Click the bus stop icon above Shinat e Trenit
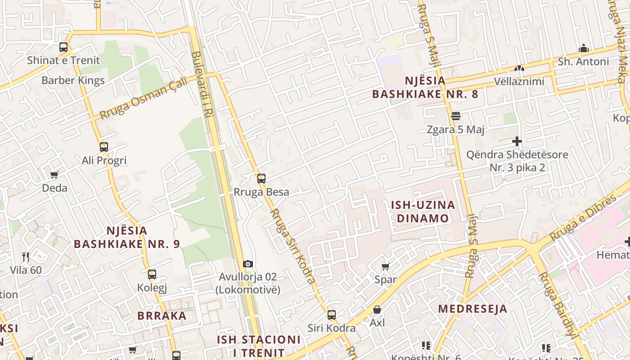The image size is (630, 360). click(63, 47)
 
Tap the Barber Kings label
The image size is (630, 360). click(73, 81)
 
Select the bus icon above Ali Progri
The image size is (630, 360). click(104, 147)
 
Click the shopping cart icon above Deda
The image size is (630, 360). click(54, 175)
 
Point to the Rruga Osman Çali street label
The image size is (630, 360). click(143, 98)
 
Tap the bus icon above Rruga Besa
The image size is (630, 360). click(261, 179)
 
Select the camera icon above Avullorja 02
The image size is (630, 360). click(248, 264)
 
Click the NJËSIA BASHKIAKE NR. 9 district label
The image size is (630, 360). click(126, 237)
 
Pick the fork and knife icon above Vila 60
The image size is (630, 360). click(26, 257)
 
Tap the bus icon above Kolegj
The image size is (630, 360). click(152, 274)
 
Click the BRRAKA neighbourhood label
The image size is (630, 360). click(162, 315)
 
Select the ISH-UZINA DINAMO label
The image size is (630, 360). click(423, 211)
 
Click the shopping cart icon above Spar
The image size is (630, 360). click(386, 266)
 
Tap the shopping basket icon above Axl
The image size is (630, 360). click(377, 310)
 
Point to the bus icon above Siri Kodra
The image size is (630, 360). click(332, 315)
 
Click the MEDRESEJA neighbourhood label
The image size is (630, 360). click(472, 309)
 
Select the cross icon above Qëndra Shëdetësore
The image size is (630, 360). click(517, 141)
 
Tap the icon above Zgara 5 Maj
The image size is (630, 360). click(456, 116)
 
